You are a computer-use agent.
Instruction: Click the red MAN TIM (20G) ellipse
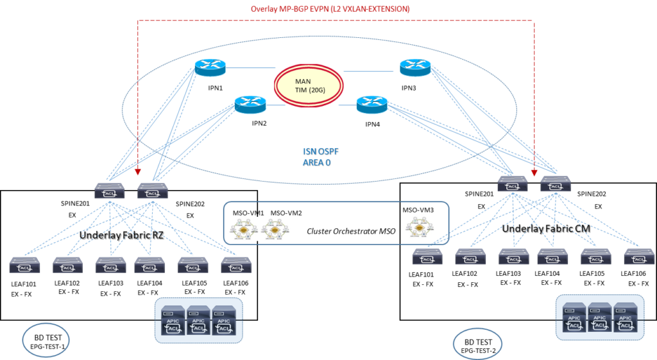[x=309, y=85]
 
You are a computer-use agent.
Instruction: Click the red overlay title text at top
[x=330, y=10]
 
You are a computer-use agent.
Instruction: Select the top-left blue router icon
[x=210, y=67]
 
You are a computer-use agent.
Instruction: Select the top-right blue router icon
[x=415, y=67]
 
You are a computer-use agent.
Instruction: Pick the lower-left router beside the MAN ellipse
[x=250, y=103]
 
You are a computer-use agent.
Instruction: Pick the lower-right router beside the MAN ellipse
[x=372, y=103]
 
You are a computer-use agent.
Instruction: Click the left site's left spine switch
[x=110, y=191]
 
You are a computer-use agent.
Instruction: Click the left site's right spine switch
[x=153, y=191]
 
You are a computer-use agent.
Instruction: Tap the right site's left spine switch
[x=512, y=184]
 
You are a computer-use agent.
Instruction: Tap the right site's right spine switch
[x=555, y=184]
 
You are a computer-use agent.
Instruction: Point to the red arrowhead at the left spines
[x=139, y=173]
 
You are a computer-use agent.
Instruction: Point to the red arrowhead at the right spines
[x=534, y=173]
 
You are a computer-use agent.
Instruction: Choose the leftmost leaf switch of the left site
[x=24, y=265]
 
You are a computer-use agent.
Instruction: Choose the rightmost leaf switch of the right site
[x=639, y=257]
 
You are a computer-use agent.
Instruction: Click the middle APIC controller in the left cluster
[x=198, y=320]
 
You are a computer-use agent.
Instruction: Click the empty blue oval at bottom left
[x=46, y=340]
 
